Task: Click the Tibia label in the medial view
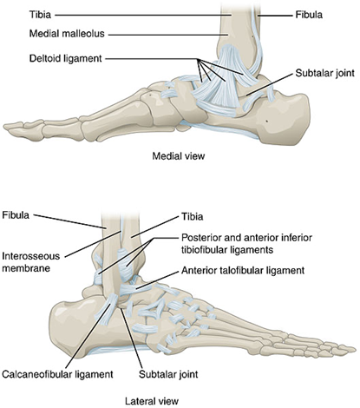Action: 40,15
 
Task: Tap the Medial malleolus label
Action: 67,34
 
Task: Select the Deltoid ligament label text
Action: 66,58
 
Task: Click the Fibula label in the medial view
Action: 309,15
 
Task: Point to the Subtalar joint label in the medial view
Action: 324,73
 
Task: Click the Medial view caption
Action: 179,156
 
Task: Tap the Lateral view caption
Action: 152,401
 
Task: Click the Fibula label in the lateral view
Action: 16,215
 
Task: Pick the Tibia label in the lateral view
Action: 193,216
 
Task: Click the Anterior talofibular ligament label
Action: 243,271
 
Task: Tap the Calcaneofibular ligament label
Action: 57,374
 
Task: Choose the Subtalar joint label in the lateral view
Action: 168,374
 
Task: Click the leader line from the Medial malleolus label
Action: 167,35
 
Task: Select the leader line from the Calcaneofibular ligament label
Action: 90,335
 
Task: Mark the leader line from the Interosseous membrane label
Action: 92,244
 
